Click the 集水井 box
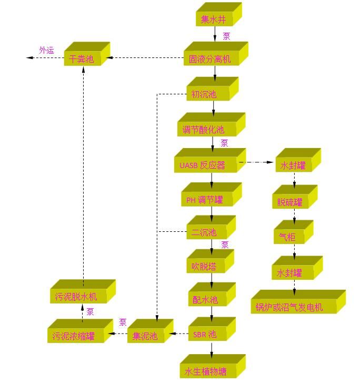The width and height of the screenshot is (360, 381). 214,20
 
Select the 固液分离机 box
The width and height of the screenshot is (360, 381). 210,59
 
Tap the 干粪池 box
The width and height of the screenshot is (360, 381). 82,59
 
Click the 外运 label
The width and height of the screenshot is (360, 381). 46,50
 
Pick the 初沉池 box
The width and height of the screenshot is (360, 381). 204,94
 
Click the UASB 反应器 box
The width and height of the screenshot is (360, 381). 202,165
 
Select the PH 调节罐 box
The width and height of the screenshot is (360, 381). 205,200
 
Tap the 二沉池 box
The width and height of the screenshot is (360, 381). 204,232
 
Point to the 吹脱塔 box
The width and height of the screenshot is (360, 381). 204,266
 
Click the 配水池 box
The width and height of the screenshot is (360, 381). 205,299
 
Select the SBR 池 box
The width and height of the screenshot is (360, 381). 205,334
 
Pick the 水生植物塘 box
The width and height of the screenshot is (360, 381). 206,371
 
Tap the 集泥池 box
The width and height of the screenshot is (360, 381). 145,335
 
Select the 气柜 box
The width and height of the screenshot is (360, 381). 288,237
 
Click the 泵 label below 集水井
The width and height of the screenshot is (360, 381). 226,36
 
